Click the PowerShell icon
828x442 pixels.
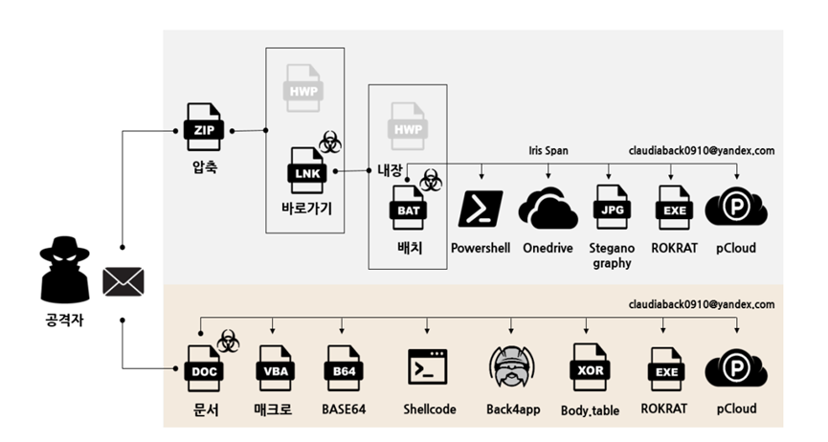pos(481,209)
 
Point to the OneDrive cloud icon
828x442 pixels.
pos(548,209)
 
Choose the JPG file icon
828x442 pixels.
pos(613,208)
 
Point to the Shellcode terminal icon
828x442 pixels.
pos(429,366)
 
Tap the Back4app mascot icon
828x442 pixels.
pos(511,365)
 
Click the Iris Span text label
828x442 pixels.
pos(548,150)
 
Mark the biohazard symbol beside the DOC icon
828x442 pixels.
pos(228,340)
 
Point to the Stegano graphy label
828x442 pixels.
pos(613,255)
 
